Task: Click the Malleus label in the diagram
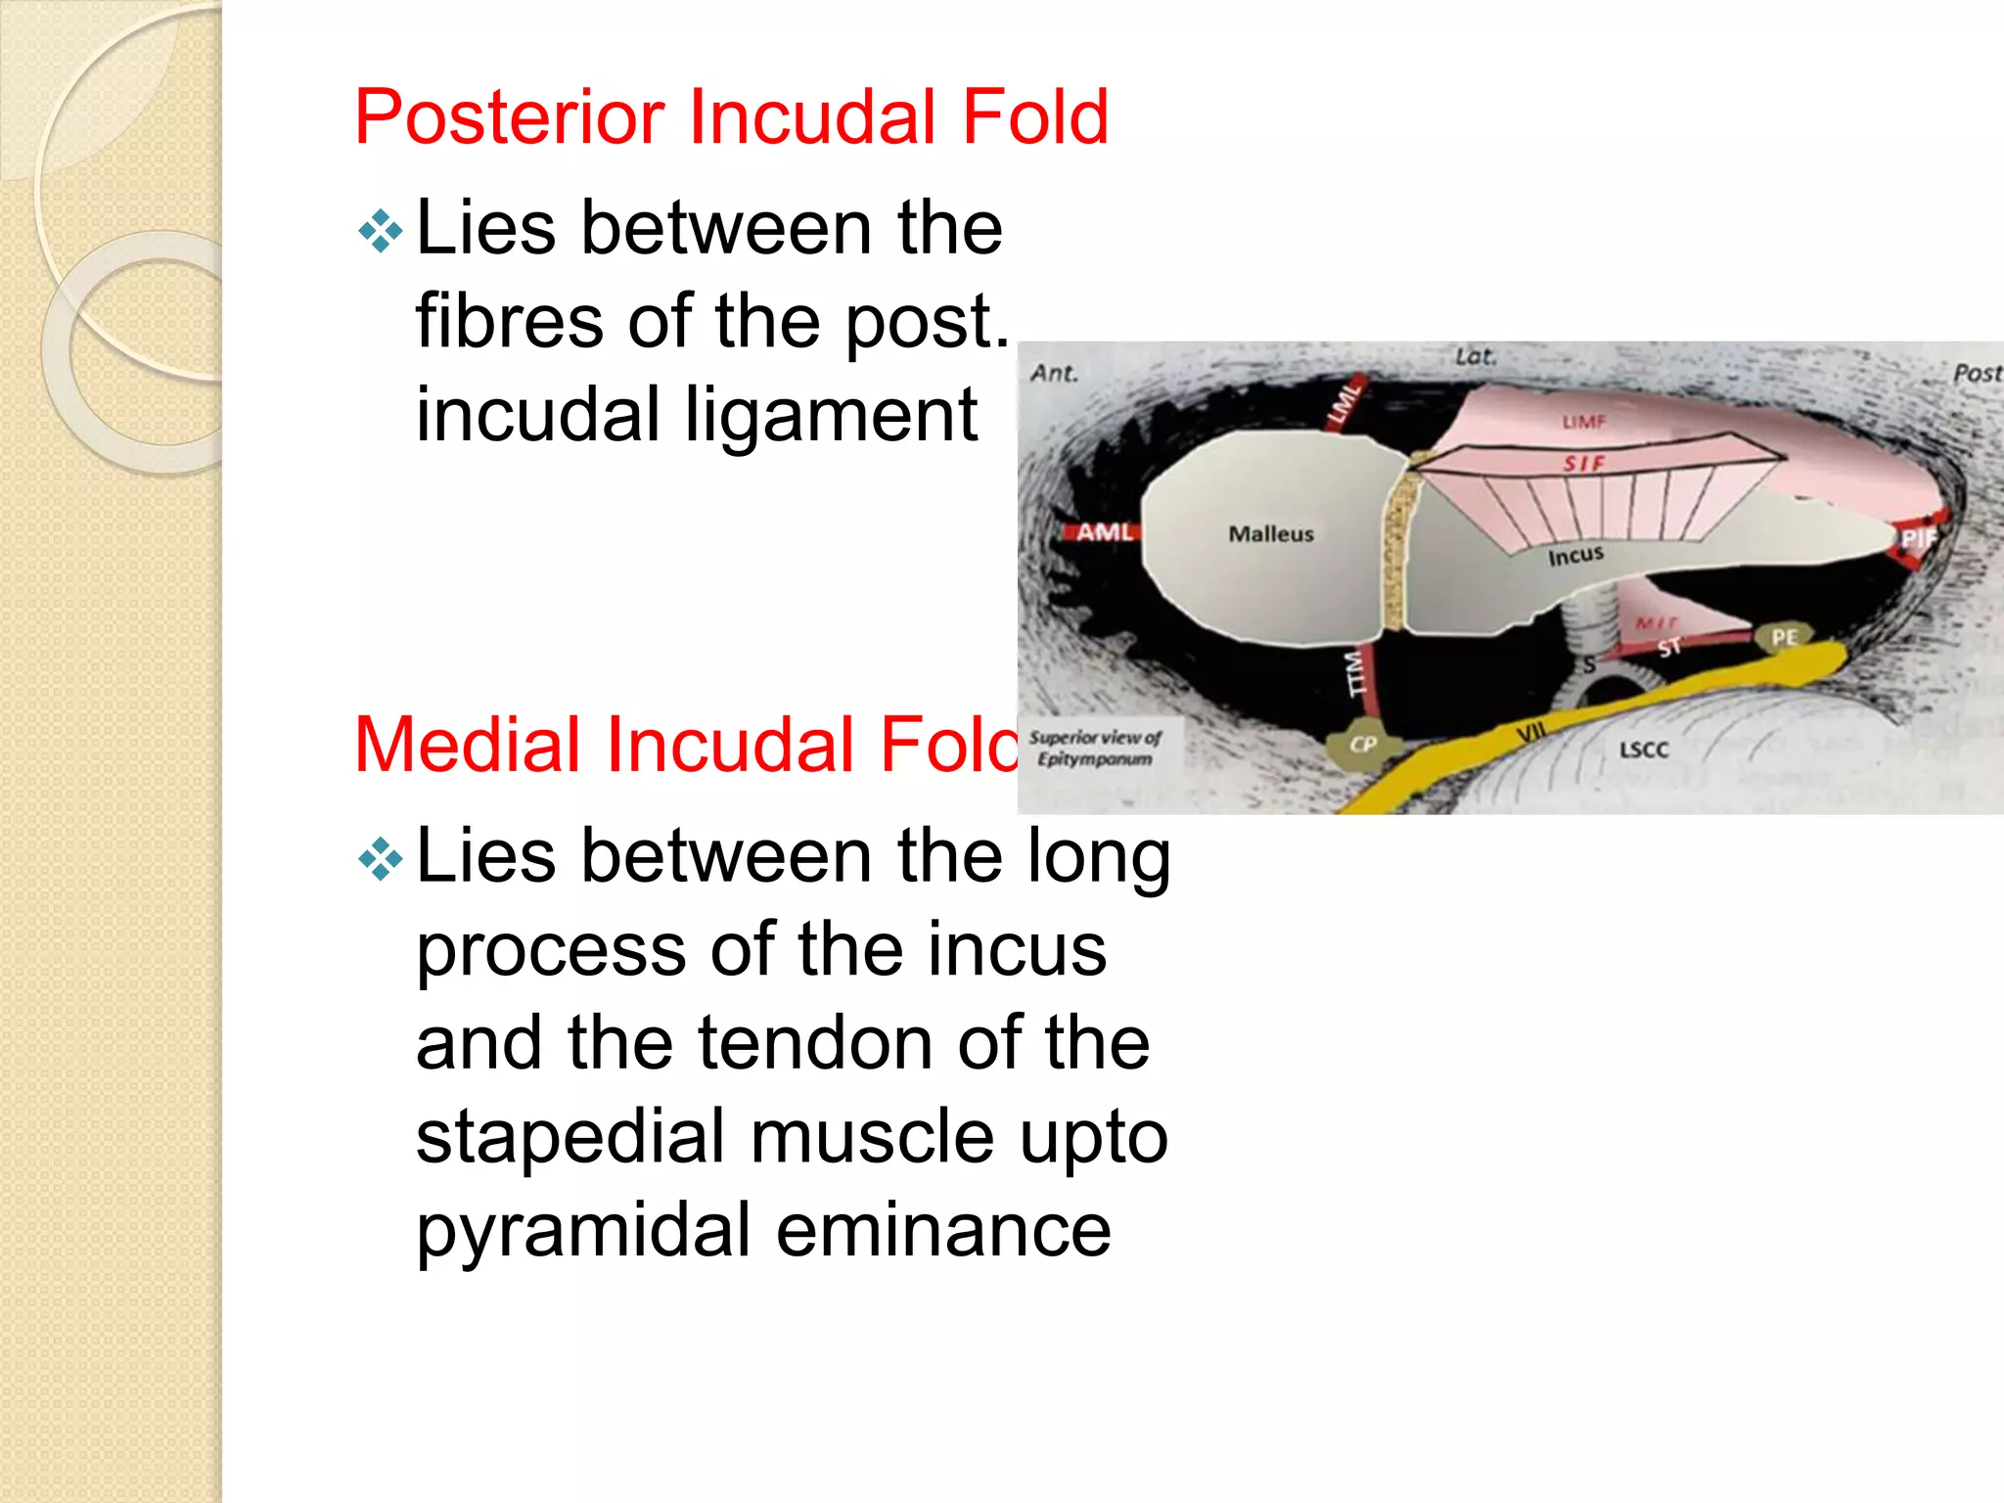(x=1270, y=533)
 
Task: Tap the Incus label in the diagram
(x=1575, y=556)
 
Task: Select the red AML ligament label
(x=1104, y=531)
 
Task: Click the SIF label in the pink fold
(x=1583, y=463)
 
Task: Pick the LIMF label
(x=1583, y=422)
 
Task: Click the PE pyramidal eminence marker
(x=1784, y=637)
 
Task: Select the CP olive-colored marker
(x=1363, y=744)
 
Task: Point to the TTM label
(x=1356, y=673)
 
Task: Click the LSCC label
(x=1643, y=750)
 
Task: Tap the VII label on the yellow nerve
(x=1533, y=731)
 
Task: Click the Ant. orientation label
(x=1054, y=373)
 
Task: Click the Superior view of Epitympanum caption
(x=1095, y=748)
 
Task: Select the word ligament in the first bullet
(x=831, y=415)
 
